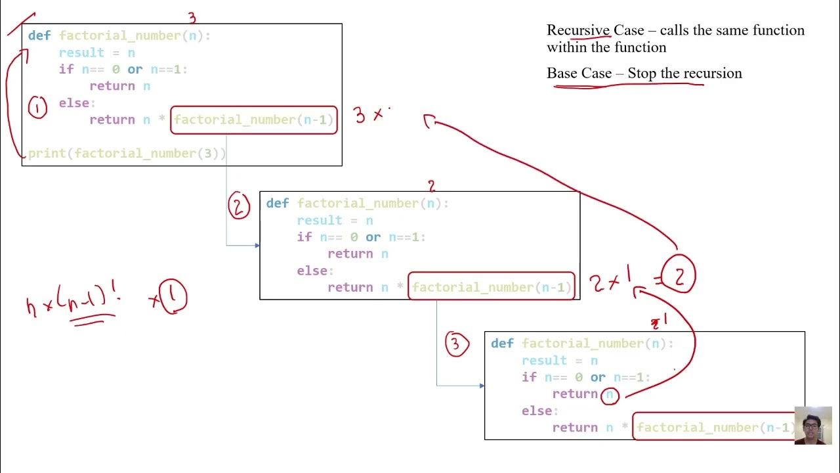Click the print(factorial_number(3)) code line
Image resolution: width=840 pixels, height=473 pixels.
127,154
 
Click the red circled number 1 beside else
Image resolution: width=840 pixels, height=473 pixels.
37,107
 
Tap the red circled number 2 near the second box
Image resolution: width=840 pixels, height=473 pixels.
239,206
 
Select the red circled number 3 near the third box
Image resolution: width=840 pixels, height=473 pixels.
457,344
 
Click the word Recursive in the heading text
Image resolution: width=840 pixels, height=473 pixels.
578,30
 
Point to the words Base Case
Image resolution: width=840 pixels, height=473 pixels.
579,73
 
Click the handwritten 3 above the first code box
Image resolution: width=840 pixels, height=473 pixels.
192,18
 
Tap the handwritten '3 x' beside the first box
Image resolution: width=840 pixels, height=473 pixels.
369,115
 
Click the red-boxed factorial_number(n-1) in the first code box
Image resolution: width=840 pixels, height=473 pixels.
254,120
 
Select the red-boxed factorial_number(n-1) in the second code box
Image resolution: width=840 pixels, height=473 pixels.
492,287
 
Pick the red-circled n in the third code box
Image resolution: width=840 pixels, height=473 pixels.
610,394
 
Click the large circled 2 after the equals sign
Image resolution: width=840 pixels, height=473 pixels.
679,276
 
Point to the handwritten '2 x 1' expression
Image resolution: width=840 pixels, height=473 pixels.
610,282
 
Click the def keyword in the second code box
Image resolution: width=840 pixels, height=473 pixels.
277,204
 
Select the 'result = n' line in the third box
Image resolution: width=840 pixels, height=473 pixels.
559,361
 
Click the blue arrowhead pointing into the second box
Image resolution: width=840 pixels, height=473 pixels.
257,246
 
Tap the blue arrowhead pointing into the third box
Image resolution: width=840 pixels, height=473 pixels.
482,386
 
